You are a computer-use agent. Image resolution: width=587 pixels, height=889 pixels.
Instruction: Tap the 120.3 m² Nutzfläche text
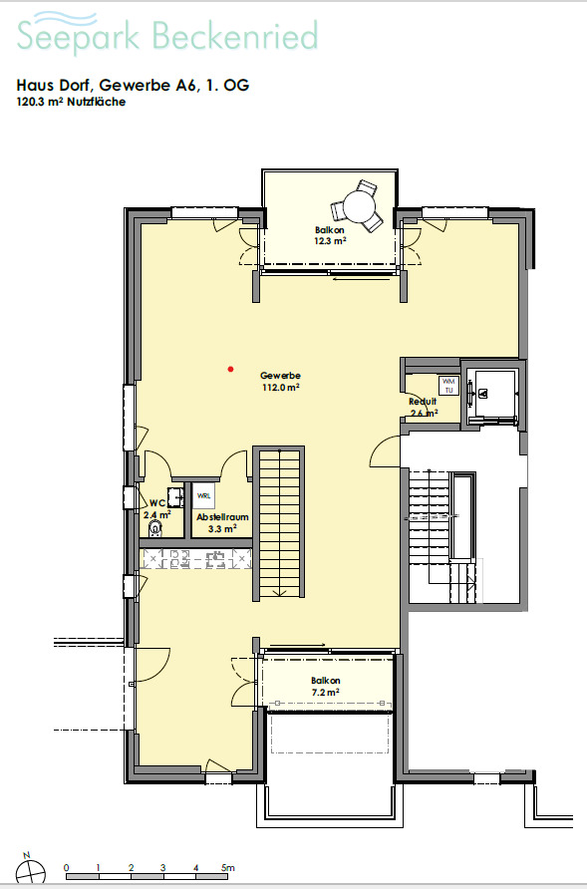71,102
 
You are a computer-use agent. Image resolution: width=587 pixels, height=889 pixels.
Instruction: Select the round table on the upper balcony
356,207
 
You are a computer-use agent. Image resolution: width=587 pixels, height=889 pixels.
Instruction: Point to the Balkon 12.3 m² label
330,235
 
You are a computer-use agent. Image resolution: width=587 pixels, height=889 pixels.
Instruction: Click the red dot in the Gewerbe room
230,369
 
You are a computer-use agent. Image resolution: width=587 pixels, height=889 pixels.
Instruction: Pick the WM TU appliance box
447,386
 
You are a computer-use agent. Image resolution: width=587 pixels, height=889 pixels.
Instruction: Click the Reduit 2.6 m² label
424,406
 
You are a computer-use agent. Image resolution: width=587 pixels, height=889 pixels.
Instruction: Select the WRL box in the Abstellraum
203,495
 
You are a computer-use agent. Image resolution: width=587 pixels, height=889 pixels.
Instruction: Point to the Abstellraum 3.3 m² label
221,523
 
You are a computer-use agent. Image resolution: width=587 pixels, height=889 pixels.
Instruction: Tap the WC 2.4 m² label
156,509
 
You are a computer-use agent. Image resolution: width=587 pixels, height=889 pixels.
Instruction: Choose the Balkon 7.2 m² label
325,686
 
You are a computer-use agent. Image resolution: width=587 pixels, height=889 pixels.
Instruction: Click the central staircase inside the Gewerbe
280,523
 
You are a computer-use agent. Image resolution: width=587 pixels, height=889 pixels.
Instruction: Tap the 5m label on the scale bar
228,869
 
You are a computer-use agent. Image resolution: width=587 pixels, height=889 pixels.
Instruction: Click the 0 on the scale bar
66,869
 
